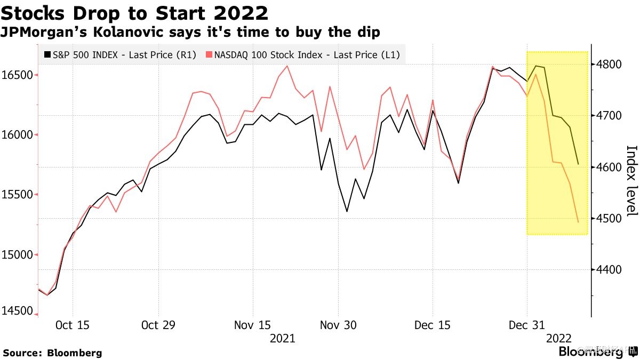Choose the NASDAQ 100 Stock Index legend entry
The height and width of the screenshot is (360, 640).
point(303,54)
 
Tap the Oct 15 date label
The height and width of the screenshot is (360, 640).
point(73,325)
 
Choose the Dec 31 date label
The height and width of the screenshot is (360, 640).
point(526,325)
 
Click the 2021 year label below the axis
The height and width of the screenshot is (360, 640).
point(283,338)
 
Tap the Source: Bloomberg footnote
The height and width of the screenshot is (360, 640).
point(52,353)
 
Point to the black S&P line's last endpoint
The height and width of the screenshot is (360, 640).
point(578,164)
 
